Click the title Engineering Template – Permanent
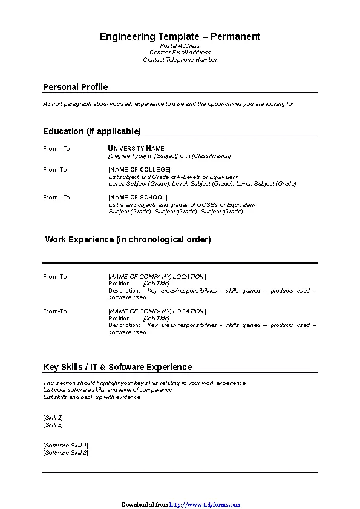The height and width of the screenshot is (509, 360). point(180,37)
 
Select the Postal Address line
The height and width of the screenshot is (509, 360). point(180,46)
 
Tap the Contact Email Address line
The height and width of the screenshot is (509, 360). point(180,53)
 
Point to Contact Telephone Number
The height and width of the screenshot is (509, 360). point(180,60)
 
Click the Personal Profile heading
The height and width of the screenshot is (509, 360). point(75,87)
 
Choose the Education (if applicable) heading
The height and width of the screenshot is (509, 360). point(91,131)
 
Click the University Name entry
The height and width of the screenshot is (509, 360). point(136,148)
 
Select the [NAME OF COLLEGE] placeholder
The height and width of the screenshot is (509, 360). point(139,170)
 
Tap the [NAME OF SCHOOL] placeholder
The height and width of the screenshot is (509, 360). point(137,198)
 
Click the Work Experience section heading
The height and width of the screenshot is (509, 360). point(128,239)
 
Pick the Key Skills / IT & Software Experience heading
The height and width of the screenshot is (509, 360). point(117,367)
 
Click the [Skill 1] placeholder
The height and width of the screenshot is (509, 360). point(53,418)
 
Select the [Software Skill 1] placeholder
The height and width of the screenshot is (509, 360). point(65,446)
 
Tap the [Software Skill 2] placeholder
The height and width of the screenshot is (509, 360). point(65,452)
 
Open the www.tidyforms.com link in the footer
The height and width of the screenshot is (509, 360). point(205,504)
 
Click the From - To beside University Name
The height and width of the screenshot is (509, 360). point(56,149)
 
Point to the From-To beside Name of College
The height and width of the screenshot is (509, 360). point(55,170)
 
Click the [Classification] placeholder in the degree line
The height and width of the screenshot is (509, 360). point(211,156)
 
